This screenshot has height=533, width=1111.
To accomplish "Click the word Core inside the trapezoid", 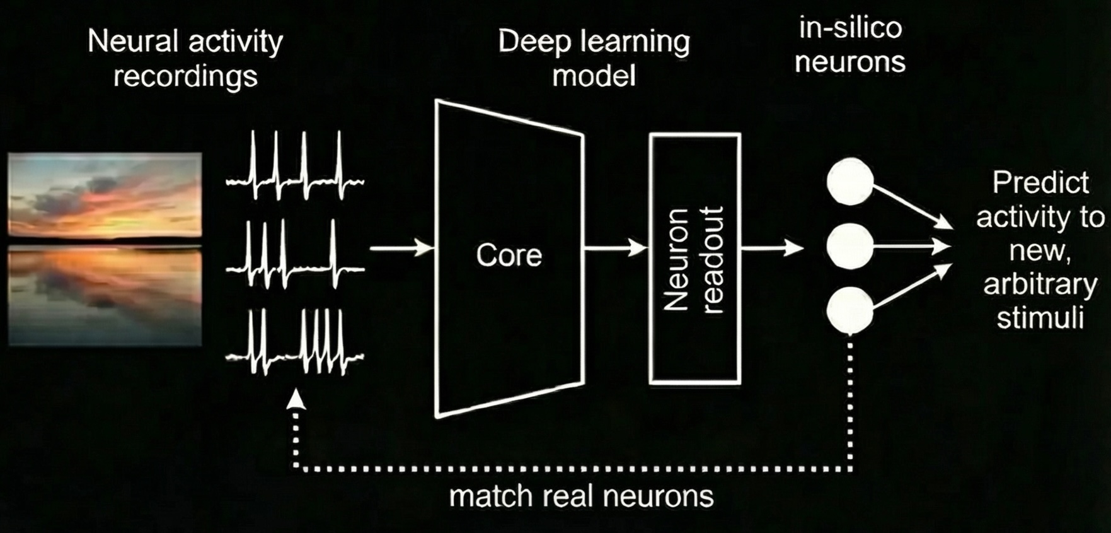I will [x=509, y=255].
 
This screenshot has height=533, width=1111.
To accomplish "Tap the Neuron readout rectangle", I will [x=694, y=259].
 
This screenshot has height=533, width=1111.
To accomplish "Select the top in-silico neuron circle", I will [x=850, y=181].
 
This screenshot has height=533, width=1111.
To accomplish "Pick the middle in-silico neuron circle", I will [x=850, y=246].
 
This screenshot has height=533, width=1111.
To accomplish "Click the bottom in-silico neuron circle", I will [x=850, y=310].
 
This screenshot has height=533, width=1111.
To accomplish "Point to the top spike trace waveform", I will [x=295, y=167].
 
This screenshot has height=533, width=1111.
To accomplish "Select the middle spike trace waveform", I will [x=295, y=255].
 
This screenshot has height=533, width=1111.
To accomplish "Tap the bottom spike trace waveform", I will [x=295, y=344].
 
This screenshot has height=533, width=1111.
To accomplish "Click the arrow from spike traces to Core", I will [x=401, y=248].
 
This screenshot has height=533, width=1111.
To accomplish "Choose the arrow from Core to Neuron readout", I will [x=615, y=248].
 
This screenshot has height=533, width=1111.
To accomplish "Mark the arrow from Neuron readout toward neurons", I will [x=771, y=248].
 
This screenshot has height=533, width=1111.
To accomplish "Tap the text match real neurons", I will [x=581, y=496].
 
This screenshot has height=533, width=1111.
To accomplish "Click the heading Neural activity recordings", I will [x=185, y=59].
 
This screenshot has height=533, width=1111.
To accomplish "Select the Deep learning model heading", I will [x=594, y=59].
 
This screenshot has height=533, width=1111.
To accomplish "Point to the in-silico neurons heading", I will [x=850, y=45].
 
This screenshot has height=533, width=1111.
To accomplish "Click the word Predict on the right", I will [x=1040, y=183].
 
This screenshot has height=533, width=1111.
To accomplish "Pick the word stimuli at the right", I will [x=1040, y=318].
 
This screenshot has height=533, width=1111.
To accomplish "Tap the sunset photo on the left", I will [x=105, y=249].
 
